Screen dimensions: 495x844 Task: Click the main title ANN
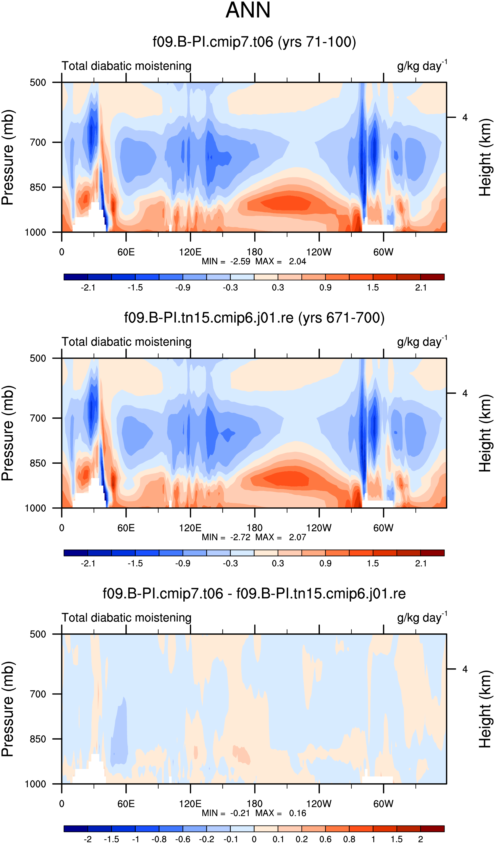[x=248, y=10]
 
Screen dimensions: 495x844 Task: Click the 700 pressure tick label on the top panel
[x=37, y=142]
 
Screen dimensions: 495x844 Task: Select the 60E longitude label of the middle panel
[x=126, y=528]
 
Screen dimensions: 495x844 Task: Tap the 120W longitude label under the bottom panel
[x=319, y=804]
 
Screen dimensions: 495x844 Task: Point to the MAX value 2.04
[x=297, y=262]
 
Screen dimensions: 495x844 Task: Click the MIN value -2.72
[x=240, y=538]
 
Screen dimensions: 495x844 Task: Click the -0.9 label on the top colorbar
[x=183, y=288]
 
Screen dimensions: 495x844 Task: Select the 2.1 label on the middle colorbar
[x=421, y=563]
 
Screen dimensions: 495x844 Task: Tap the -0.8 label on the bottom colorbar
[x=159, y=839]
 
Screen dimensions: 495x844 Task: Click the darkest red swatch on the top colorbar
[x=432, y=277]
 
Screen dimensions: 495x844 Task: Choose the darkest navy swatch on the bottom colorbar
[x=76, y=829]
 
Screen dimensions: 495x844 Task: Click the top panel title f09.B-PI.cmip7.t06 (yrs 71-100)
[x=254, y=42]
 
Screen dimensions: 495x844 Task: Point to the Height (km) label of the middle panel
[x=484, y=433]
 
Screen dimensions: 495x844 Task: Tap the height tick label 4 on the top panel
[x=465, y=117]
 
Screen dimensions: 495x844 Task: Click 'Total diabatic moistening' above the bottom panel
[x=127, y=618]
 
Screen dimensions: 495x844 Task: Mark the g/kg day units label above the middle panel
[x=422, y=342]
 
